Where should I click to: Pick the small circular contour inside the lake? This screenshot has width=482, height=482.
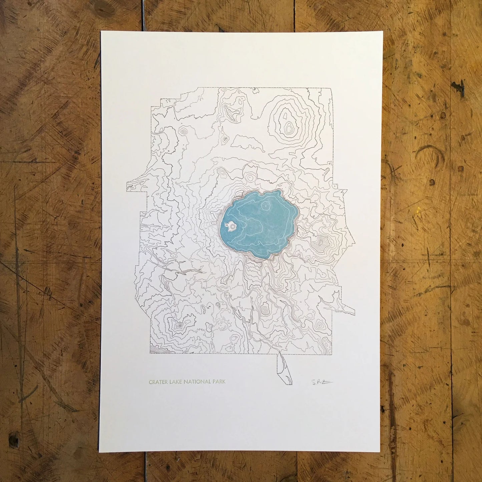(x=266, y=206)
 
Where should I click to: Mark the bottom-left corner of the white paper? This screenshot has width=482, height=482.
(x=99, y=447)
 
